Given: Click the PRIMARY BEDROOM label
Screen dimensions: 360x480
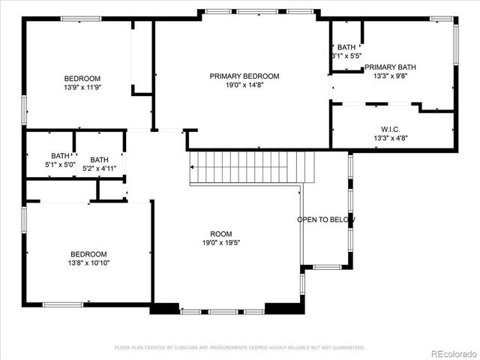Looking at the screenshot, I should click(244, 76).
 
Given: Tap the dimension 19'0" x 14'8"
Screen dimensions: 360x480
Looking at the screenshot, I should click(244, 85).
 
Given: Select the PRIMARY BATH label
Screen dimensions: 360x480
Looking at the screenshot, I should click(390, 67).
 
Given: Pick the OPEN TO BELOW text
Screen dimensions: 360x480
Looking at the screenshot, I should click(326, 220).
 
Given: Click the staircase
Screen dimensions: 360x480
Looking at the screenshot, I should click(251, 166).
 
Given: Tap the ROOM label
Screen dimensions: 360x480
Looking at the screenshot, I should click(220, 233).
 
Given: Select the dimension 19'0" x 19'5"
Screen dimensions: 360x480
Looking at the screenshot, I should click(220, 242).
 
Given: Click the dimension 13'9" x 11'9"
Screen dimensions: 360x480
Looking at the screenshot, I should click(82, 87).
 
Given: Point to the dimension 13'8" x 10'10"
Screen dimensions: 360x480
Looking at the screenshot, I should click(88, 263).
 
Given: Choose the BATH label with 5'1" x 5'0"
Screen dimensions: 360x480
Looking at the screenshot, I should click(60, 156).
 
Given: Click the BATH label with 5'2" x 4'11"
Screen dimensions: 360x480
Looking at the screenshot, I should click(99, 160).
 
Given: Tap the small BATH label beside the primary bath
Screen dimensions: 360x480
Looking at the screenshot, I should click(346, 47).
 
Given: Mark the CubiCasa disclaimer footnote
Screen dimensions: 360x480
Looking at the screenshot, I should click(239, 347).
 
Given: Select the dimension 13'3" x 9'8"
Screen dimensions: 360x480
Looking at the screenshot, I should click(390, 76).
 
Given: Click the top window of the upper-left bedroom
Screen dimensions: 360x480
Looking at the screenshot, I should click(80, 19).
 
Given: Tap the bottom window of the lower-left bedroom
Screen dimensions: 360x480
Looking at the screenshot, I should click(63, 304).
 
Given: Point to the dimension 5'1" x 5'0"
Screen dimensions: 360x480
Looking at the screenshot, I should click(60, 165).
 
